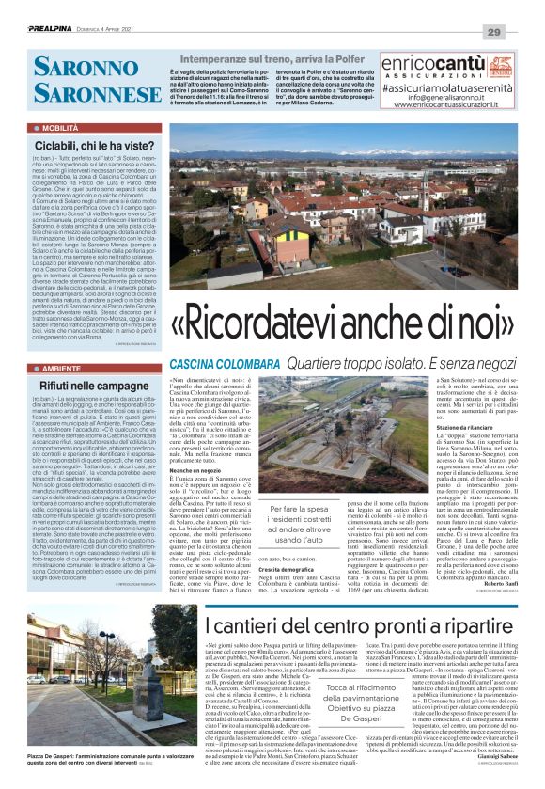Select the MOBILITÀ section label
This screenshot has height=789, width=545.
pyautogui.click(x=61, y=125)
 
